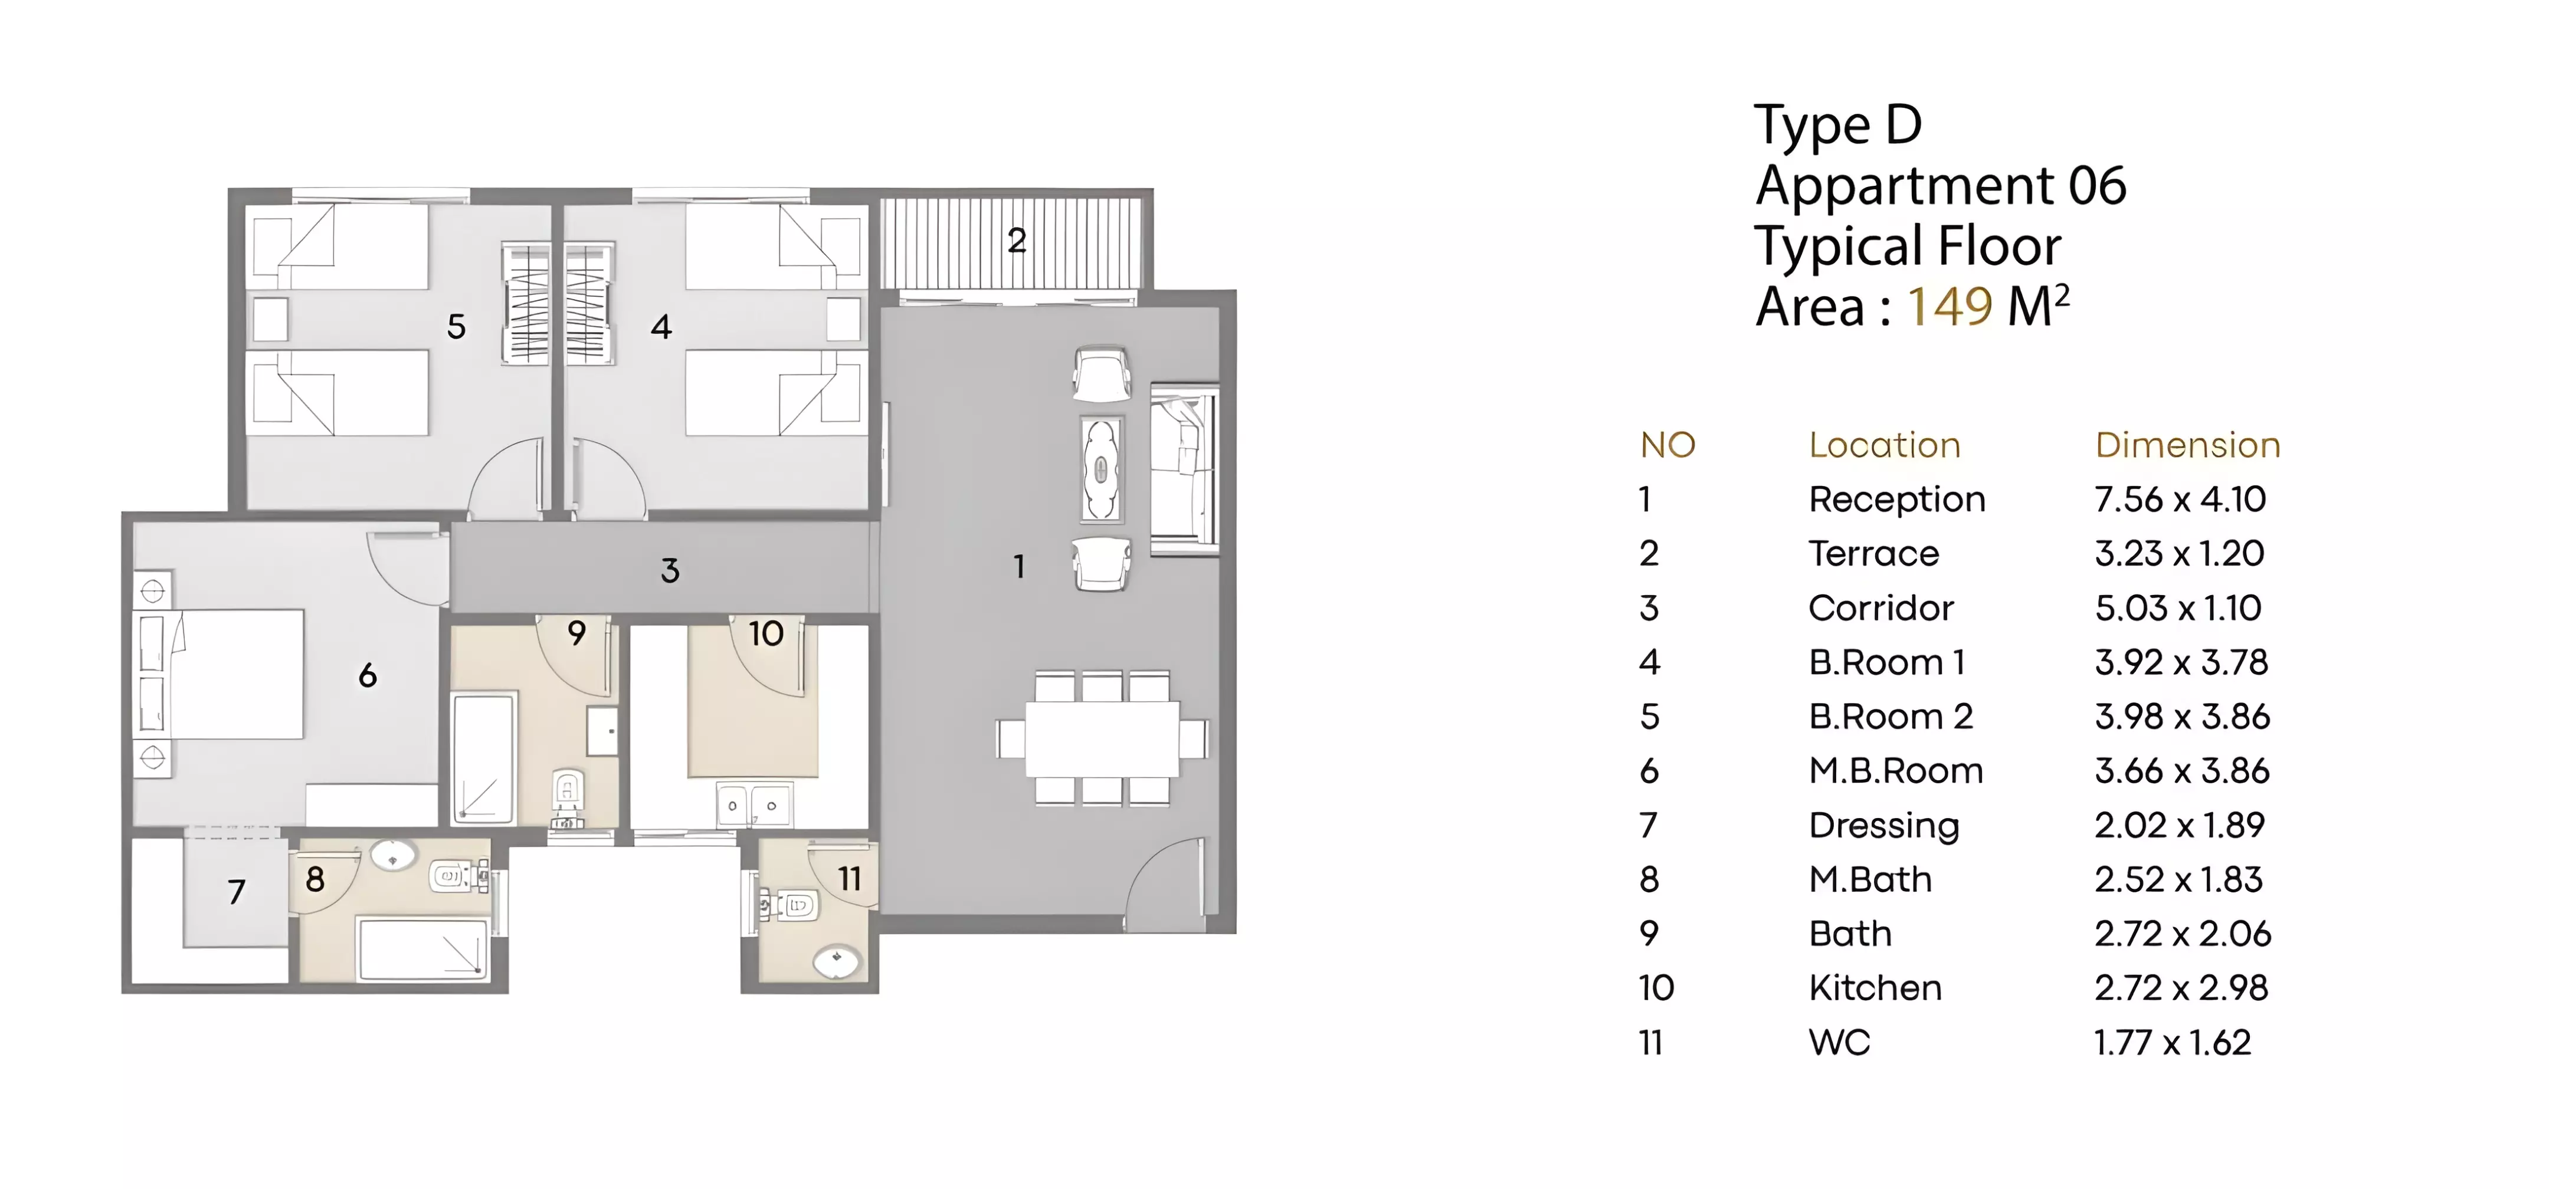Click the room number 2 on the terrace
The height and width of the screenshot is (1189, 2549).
point(1016,241)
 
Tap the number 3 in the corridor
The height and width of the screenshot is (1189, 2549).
point(670,571)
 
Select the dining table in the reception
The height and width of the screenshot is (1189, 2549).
point(1102,738)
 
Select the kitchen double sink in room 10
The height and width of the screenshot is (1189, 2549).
point(753,805)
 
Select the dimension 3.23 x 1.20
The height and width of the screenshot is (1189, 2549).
point(2179,553)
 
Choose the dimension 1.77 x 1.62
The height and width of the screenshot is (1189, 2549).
point(2172,1043)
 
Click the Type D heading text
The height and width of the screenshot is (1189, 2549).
point(1837,126)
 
